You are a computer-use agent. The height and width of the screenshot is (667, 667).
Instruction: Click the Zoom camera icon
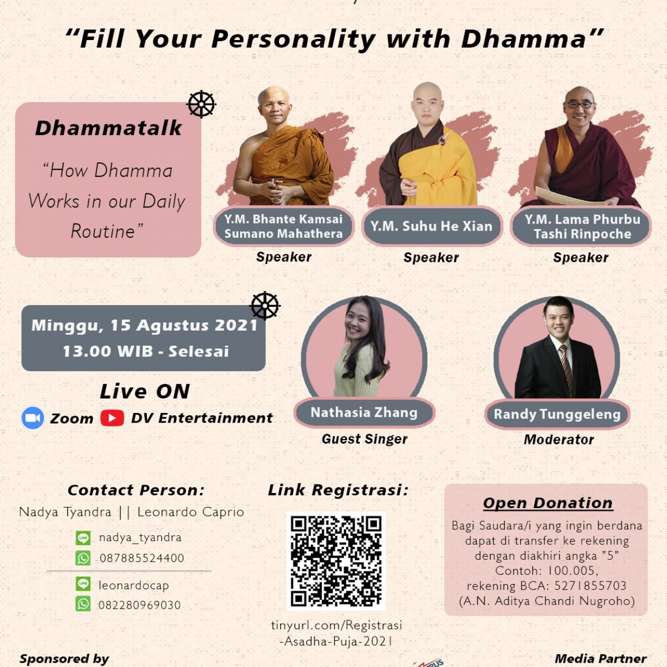tap(33, 418)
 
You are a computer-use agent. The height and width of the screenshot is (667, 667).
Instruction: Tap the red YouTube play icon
tap(112, 418)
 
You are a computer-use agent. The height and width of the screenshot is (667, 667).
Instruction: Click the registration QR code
tap(336, 560)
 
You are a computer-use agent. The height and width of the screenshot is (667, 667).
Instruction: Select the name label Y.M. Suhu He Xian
tap(431, 226)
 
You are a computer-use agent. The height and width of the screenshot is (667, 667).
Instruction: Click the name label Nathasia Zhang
tap(364, 412)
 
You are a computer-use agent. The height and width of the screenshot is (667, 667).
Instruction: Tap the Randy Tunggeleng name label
tap(557, 414)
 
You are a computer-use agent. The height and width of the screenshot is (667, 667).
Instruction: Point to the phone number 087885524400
tap(142, 558)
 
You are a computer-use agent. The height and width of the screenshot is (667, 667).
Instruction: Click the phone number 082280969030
tap(140, 605)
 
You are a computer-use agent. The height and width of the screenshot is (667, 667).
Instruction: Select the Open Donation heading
tap(547, 502)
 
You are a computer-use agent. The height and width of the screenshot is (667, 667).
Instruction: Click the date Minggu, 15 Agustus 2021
tap(145, 325)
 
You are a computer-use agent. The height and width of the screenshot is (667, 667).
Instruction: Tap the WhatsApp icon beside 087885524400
tap(83, 558)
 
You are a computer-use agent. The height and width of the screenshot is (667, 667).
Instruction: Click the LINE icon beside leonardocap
tap(83, 584)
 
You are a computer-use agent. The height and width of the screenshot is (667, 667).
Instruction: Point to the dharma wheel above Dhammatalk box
tap(201, 104)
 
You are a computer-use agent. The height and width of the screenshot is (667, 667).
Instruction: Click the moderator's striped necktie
tap(565, 369)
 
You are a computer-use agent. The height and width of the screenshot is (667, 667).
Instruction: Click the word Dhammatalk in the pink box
tap(108, 128)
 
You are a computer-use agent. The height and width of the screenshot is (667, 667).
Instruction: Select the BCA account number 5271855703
tap(590, 586)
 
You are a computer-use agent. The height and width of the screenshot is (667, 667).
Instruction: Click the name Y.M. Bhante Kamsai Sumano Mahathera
tap(283, 226)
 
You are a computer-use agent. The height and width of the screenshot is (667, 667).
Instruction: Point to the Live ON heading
tap(145, 391)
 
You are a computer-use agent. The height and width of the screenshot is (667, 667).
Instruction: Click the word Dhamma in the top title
tap(524, 39)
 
